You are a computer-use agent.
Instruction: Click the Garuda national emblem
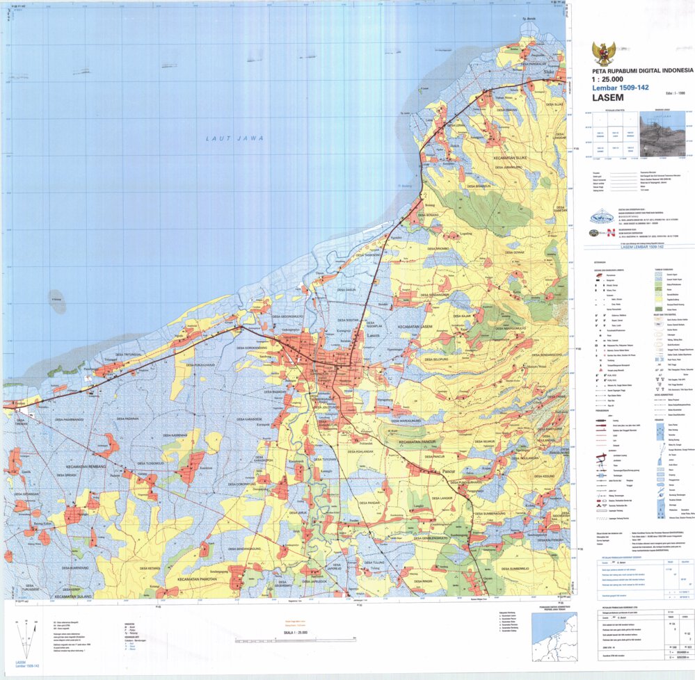603,53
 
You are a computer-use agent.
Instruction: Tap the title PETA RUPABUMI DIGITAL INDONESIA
642,70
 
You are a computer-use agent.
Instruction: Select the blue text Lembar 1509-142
620,88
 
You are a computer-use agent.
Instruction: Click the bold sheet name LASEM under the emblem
607,98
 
